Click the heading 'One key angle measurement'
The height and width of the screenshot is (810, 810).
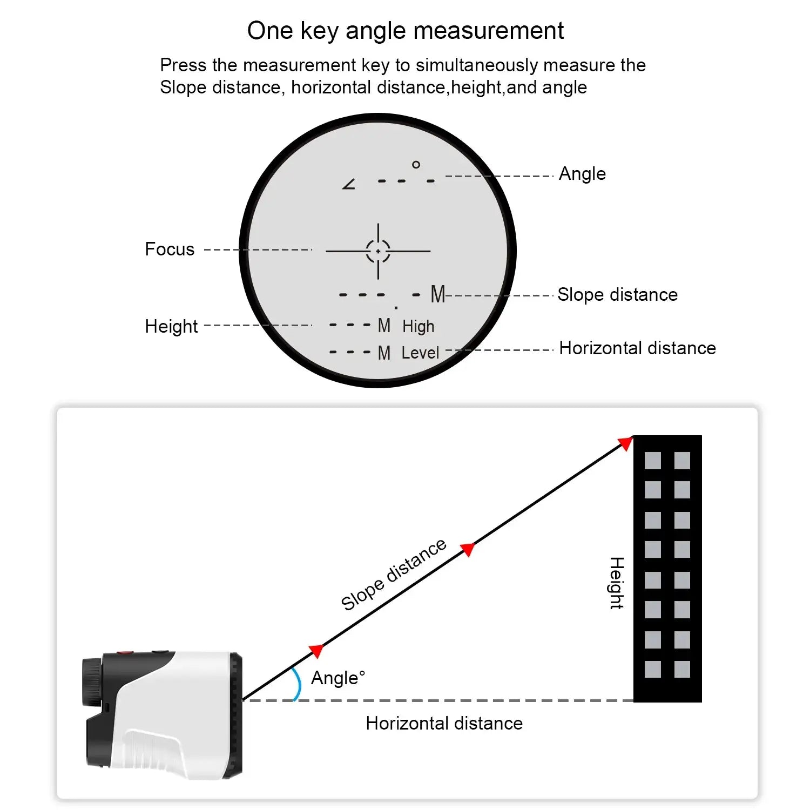click(x=405, y=31)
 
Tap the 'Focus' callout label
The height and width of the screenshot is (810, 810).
click(x=170, y=249)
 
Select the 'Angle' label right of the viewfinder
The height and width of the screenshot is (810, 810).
click(x=582, y=174)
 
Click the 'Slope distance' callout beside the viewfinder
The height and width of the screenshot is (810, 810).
click(x=617, y=295)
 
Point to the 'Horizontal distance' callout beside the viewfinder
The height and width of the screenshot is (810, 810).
click(x=637, y=348)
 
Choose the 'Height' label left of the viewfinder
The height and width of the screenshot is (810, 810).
click(x=171, y=326)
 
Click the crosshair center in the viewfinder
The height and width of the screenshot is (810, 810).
click(x=378, y=251)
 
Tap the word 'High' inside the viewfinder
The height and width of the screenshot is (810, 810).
click(x=418, y=326)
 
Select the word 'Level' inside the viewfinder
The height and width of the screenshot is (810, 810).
click(x=420, y=353)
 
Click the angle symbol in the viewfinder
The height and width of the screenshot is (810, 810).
click(x=349, y=184)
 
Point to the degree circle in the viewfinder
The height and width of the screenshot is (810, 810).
click(x=416, y=165)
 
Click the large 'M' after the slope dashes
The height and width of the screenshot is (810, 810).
click(x=437, y=295)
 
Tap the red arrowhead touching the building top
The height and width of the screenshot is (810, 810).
click(x=625, y=444)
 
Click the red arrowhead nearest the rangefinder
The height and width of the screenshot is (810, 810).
click(x=316, y=651)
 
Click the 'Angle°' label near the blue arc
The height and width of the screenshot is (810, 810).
click(x=338, y=678)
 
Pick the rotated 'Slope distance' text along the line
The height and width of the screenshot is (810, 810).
click(x=394, y=575)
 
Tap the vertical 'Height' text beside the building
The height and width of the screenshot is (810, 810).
click(x=616, y=583)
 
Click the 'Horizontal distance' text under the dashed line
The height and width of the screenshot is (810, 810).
click(x=444, y=724)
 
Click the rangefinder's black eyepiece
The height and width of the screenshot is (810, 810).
click(x=92, y=681)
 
